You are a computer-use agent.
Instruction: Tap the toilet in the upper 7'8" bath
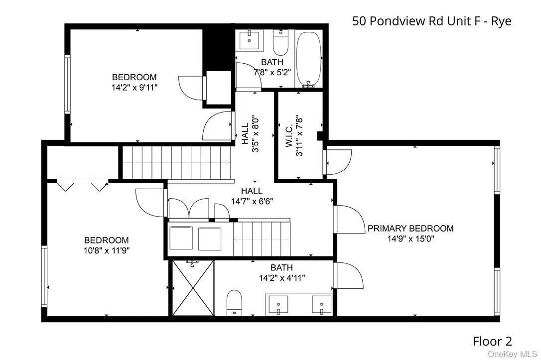point(280,44)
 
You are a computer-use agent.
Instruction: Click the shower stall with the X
point(193,288)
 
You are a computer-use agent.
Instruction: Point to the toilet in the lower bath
point(234,303)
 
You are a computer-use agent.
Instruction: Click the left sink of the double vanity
point(278,303)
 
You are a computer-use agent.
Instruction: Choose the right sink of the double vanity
point(322,303)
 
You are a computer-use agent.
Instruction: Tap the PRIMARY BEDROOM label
point(410,229)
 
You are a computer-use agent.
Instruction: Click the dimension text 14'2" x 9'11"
point(134,87)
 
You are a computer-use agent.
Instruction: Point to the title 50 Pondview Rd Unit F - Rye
point(431,21)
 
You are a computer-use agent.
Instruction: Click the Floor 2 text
point(492,341)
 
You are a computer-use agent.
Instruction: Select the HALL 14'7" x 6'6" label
point(252,196)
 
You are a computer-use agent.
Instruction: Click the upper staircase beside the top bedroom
point(177,162)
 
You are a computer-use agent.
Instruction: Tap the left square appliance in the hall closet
point(181,238)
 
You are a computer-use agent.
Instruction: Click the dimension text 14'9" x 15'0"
point(411,239)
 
